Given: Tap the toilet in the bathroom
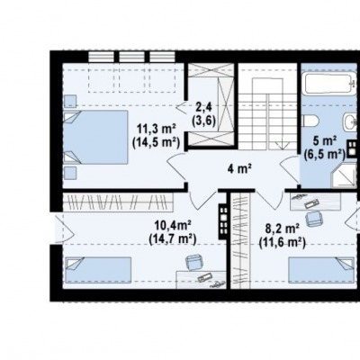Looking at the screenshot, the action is tap(310, 121).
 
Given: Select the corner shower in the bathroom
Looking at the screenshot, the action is tap(343, 175).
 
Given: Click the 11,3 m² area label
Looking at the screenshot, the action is tap(156, 130).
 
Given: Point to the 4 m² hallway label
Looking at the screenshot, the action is tap(239, 169).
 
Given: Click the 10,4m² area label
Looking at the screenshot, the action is tap(173, 225).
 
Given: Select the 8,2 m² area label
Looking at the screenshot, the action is tap(282, 229).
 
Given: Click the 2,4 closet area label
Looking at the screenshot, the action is tap(204, 106).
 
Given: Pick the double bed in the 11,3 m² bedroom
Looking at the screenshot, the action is tap(96, 137).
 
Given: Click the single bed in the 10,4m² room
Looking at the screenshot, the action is tap(98, 270).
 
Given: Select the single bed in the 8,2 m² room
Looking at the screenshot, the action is tap(321, 269).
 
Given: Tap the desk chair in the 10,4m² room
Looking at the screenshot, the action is tap(194, 262).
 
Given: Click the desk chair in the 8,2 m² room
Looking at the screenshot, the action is tap(314, 219).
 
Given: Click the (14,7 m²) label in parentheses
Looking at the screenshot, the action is tap(173, 238).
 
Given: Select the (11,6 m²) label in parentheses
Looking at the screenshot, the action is tap(283, 242).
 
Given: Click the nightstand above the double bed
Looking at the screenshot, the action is tap(70, 101).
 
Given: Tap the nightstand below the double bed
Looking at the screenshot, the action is tap(70, 173).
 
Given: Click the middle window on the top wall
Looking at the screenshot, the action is tap(131, 57).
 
